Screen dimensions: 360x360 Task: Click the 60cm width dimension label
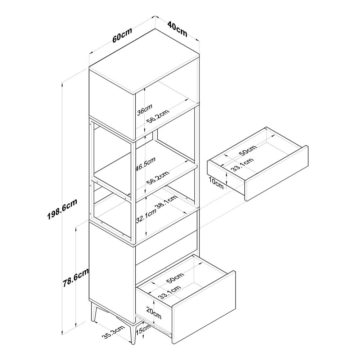click(x=122, y=35)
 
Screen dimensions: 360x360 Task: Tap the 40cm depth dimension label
click(x=177, y=29)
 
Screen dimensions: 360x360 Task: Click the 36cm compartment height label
click(x=144, y=110)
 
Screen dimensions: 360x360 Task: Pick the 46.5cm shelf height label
click(x=145, y=164)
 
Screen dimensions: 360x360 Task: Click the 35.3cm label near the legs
click(x=113, y=332)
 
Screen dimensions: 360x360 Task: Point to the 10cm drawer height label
click(x=216, y=183)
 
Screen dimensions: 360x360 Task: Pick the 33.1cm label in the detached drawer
click(x=242, y=165)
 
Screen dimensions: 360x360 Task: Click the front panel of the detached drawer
click(x=276, y=173)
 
